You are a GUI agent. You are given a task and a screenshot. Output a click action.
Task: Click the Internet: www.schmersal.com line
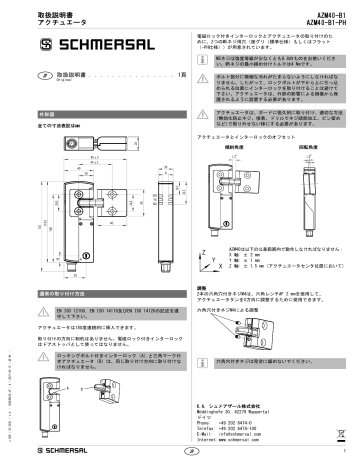tap(239, 440)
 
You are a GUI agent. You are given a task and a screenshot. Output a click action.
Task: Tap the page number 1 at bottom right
tap(340, 452)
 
